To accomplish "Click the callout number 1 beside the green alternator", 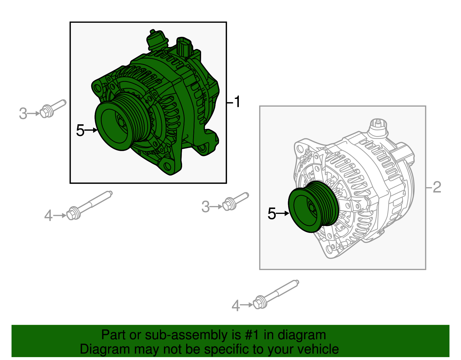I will [237, 102].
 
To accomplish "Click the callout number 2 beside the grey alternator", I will [437, 187].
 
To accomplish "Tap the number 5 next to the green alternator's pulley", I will [80, 131].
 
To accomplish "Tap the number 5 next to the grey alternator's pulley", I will [272, 214].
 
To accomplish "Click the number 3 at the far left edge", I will [23, 114].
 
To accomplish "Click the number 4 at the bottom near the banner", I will [235, 306].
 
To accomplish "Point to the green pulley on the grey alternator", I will [310, 208].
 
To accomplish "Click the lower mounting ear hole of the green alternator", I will [167, 166].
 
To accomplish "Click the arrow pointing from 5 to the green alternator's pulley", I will [91, 130].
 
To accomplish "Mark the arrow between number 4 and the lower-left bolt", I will [60, 215].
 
